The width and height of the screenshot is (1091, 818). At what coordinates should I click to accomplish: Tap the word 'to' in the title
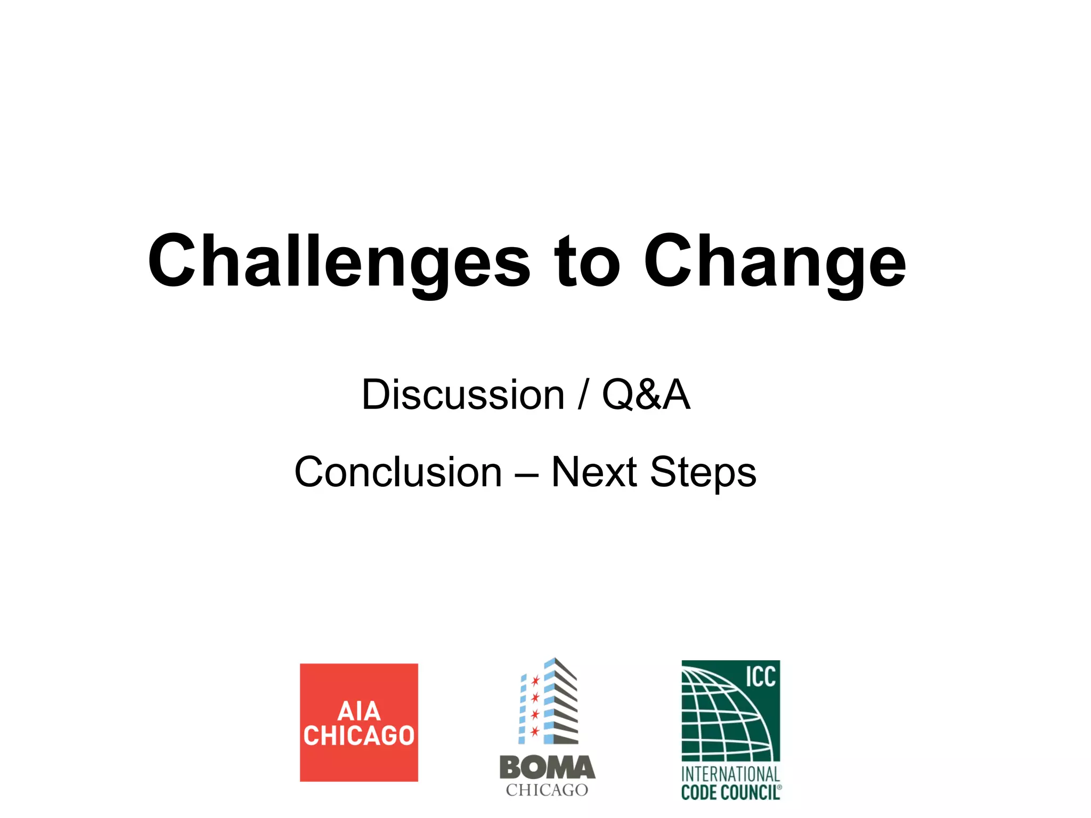(587, 262)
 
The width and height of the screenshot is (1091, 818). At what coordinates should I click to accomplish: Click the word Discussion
(462, 395)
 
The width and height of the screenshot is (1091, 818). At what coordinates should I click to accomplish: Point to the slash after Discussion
(584, 395)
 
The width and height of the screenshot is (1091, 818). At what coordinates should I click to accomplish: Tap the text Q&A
(646, 395)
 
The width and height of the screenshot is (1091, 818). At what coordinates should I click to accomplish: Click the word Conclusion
(398, 472)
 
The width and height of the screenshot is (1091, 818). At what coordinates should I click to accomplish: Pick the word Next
(594, 472)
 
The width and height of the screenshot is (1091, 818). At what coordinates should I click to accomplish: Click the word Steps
(703, 472)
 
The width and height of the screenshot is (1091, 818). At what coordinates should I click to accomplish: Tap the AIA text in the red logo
(359, 711)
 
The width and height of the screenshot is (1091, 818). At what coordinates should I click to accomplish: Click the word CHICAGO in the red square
(359, 736)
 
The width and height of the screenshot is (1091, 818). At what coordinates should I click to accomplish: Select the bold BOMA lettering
(547, 768)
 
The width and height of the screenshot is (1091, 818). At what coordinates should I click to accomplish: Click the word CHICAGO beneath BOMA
(547, 790)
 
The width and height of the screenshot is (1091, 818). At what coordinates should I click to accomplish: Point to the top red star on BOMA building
(535, 680)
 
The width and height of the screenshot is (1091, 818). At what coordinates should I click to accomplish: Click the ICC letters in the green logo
(760, 677)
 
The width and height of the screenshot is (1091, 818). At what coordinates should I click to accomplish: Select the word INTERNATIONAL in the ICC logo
(730, 774)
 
